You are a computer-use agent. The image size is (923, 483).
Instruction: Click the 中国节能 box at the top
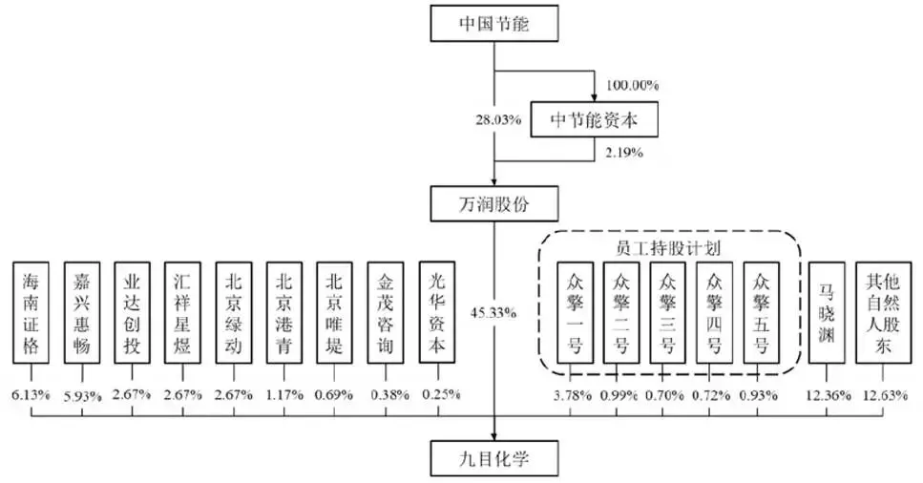[x=493, y=24]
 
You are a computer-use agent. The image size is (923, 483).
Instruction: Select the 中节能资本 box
[x=594, y=119]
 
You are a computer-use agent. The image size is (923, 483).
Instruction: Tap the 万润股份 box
[x=493, y=204]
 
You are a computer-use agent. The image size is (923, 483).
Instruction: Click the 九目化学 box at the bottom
[x=493, y=458]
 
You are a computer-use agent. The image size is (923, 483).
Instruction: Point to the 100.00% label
[x=632, y=85]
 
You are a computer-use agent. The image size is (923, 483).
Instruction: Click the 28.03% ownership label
[x=498, y=119]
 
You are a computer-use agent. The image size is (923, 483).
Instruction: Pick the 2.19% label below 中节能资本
[x=624, y=153]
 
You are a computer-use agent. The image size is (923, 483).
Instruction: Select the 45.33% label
[x=493, y=313]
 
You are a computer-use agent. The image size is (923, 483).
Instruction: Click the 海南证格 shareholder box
[x=31, y=312]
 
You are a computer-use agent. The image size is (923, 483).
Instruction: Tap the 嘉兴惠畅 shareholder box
[x=82, y=312]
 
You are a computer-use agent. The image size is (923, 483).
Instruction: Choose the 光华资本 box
[x=437, y=312]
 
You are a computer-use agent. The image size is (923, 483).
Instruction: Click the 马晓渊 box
[x=827, y=312]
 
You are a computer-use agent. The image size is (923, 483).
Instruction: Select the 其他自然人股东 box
[x=883, y=312]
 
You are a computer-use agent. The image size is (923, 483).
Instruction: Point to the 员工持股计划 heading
[x=668, y=248]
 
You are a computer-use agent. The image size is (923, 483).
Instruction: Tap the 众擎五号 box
[x=761, y=312]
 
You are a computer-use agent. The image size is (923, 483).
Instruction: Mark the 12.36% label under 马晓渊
[x=827, y=396]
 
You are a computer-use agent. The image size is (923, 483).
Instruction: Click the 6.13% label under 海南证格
[x=31, y=394]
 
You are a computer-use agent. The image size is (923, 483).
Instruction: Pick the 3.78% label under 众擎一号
[x=572, y=396]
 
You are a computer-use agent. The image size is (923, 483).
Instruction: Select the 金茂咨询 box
[x=386, y=312]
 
